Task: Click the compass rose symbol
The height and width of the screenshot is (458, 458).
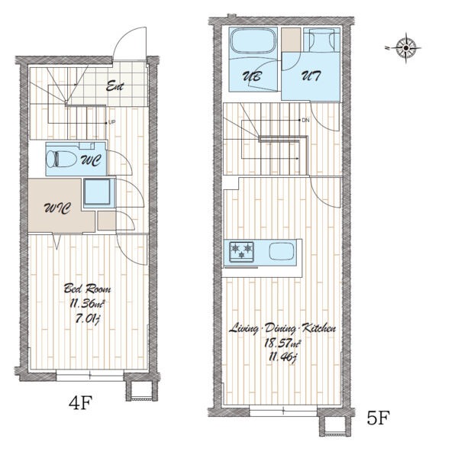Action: (406, 48)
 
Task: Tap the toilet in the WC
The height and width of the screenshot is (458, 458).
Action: (61, 159)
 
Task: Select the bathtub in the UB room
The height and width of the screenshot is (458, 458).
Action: (253, 41)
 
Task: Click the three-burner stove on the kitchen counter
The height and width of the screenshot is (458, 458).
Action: (241, 251)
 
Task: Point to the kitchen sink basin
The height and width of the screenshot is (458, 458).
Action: (282, 251)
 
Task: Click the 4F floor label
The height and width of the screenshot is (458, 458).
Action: (81, 402)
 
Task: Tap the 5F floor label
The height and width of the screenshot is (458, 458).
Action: (379, 418)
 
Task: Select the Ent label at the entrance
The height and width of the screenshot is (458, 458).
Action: (114, 85)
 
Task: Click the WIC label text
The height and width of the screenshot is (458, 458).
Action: (57, 208)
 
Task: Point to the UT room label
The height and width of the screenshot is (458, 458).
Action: (311, 76)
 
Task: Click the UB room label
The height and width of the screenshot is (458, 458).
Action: (252, 76)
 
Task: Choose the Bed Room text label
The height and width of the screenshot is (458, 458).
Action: (87, 289)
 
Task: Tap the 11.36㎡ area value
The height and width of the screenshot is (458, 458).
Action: (87, 304)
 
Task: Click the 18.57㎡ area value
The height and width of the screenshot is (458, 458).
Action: (282, 343)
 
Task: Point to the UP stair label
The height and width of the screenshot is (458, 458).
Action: (112, 122)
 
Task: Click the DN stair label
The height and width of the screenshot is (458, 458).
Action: (305, 120)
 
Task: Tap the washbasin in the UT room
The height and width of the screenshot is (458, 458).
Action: (322, 40)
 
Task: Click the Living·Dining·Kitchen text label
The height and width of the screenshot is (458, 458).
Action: (282, 328)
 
